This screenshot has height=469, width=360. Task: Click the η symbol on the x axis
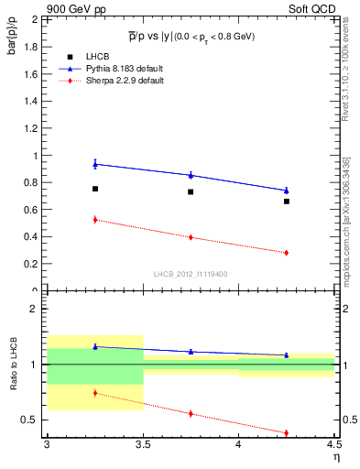(x=336, y=456)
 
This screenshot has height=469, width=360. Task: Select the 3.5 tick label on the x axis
(x=142, y=445)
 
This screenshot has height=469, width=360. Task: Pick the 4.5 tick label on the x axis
(x=333, y=445)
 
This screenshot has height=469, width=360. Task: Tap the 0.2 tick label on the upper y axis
(x=30, y=264)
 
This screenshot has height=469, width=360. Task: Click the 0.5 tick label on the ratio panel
(x=30, y=420)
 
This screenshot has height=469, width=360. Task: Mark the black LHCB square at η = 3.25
(x=94, y=189)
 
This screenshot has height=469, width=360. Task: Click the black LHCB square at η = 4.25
(x=287, y=202)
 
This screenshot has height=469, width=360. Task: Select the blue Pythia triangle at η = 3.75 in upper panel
(x=191, y=175)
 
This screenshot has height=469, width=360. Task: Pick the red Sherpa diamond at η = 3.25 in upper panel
(x=94, y=220)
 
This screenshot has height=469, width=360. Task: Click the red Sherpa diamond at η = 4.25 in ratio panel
(x=287, y=432)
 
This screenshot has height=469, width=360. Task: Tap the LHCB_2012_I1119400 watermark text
(x=191, y=273)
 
